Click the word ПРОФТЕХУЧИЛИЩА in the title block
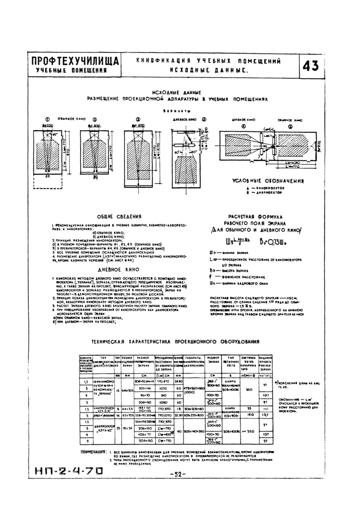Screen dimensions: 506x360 [75, 61]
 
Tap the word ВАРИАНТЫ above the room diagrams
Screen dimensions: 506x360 [179, 111]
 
